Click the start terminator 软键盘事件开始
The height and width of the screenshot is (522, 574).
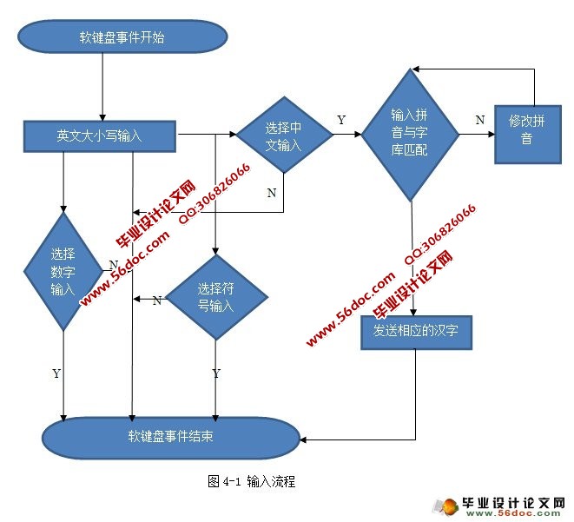pyautogui.click(x=122, y=37)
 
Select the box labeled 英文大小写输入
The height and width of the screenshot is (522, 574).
pyautogui.click(x=99, y=135)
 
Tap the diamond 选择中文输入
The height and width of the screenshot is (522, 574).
pyautogui.click(x=284, y=135)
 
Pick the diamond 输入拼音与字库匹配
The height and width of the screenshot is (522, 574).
pyautogui.click(x=409, y=135)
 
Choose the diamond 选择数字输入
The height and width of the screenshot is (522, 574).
pyautogui.click(x=63, y=271)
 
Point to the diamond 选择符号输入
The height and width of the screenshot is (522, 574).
pyautogui.click(x=215, y=297)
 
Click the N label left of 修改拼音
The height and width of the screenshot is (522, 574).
pyautogui.click(x=479, y=121)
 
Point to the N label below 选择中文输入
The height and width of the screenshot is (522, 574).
pyautogui.click(x=271, y=193)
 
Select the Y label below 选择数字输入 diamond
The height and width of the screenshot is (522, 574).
pyautogui.click(x=56, y=373)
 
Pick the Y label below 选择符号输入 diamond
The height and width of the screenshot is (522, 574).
pyautogui.click(x=215, y=373)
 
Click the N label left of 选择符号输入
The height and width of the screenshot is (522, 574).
pyautogui.click(x=156, y=301)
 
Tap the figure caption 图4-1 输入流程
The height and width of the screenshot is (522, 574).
pyautogui.click(x=252, y=480)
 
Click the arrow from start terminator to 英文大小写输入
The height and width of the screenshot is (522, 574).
pyautogui.click(x=103, y=87)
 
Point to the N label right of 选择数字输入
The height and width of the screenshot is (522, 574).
pyautogui.click(x=113, y=264)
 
